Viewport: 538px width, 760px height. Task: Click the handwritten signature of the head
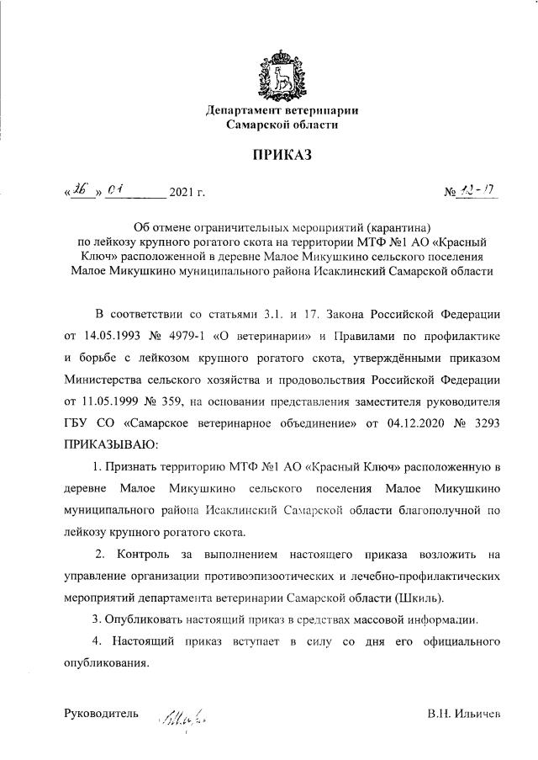184,719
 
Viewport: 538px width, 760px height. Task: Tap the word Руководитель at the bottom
101,714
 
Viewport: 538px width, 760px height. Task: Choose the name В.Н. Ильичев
463,715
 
